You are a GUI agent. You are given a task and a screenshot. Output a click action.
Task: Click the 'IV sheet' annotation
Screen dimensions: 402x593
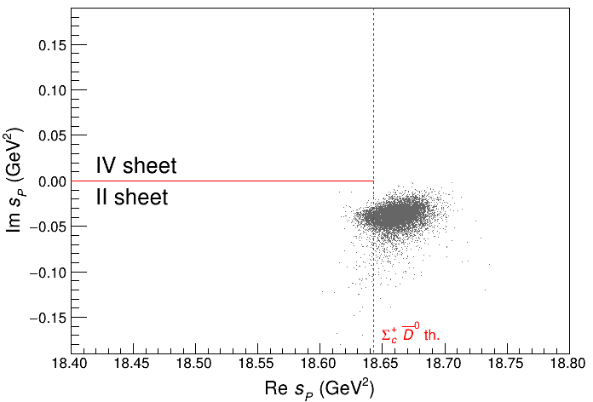(x=136, y=164)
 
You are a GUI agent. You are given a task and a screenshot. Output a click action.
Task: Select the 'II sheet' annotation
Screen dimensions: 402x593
(x=131, y=198)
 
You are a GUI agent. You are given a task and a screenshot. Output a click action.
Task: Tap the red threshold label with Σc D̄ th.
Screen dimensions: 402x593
(x=410, y=334)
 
